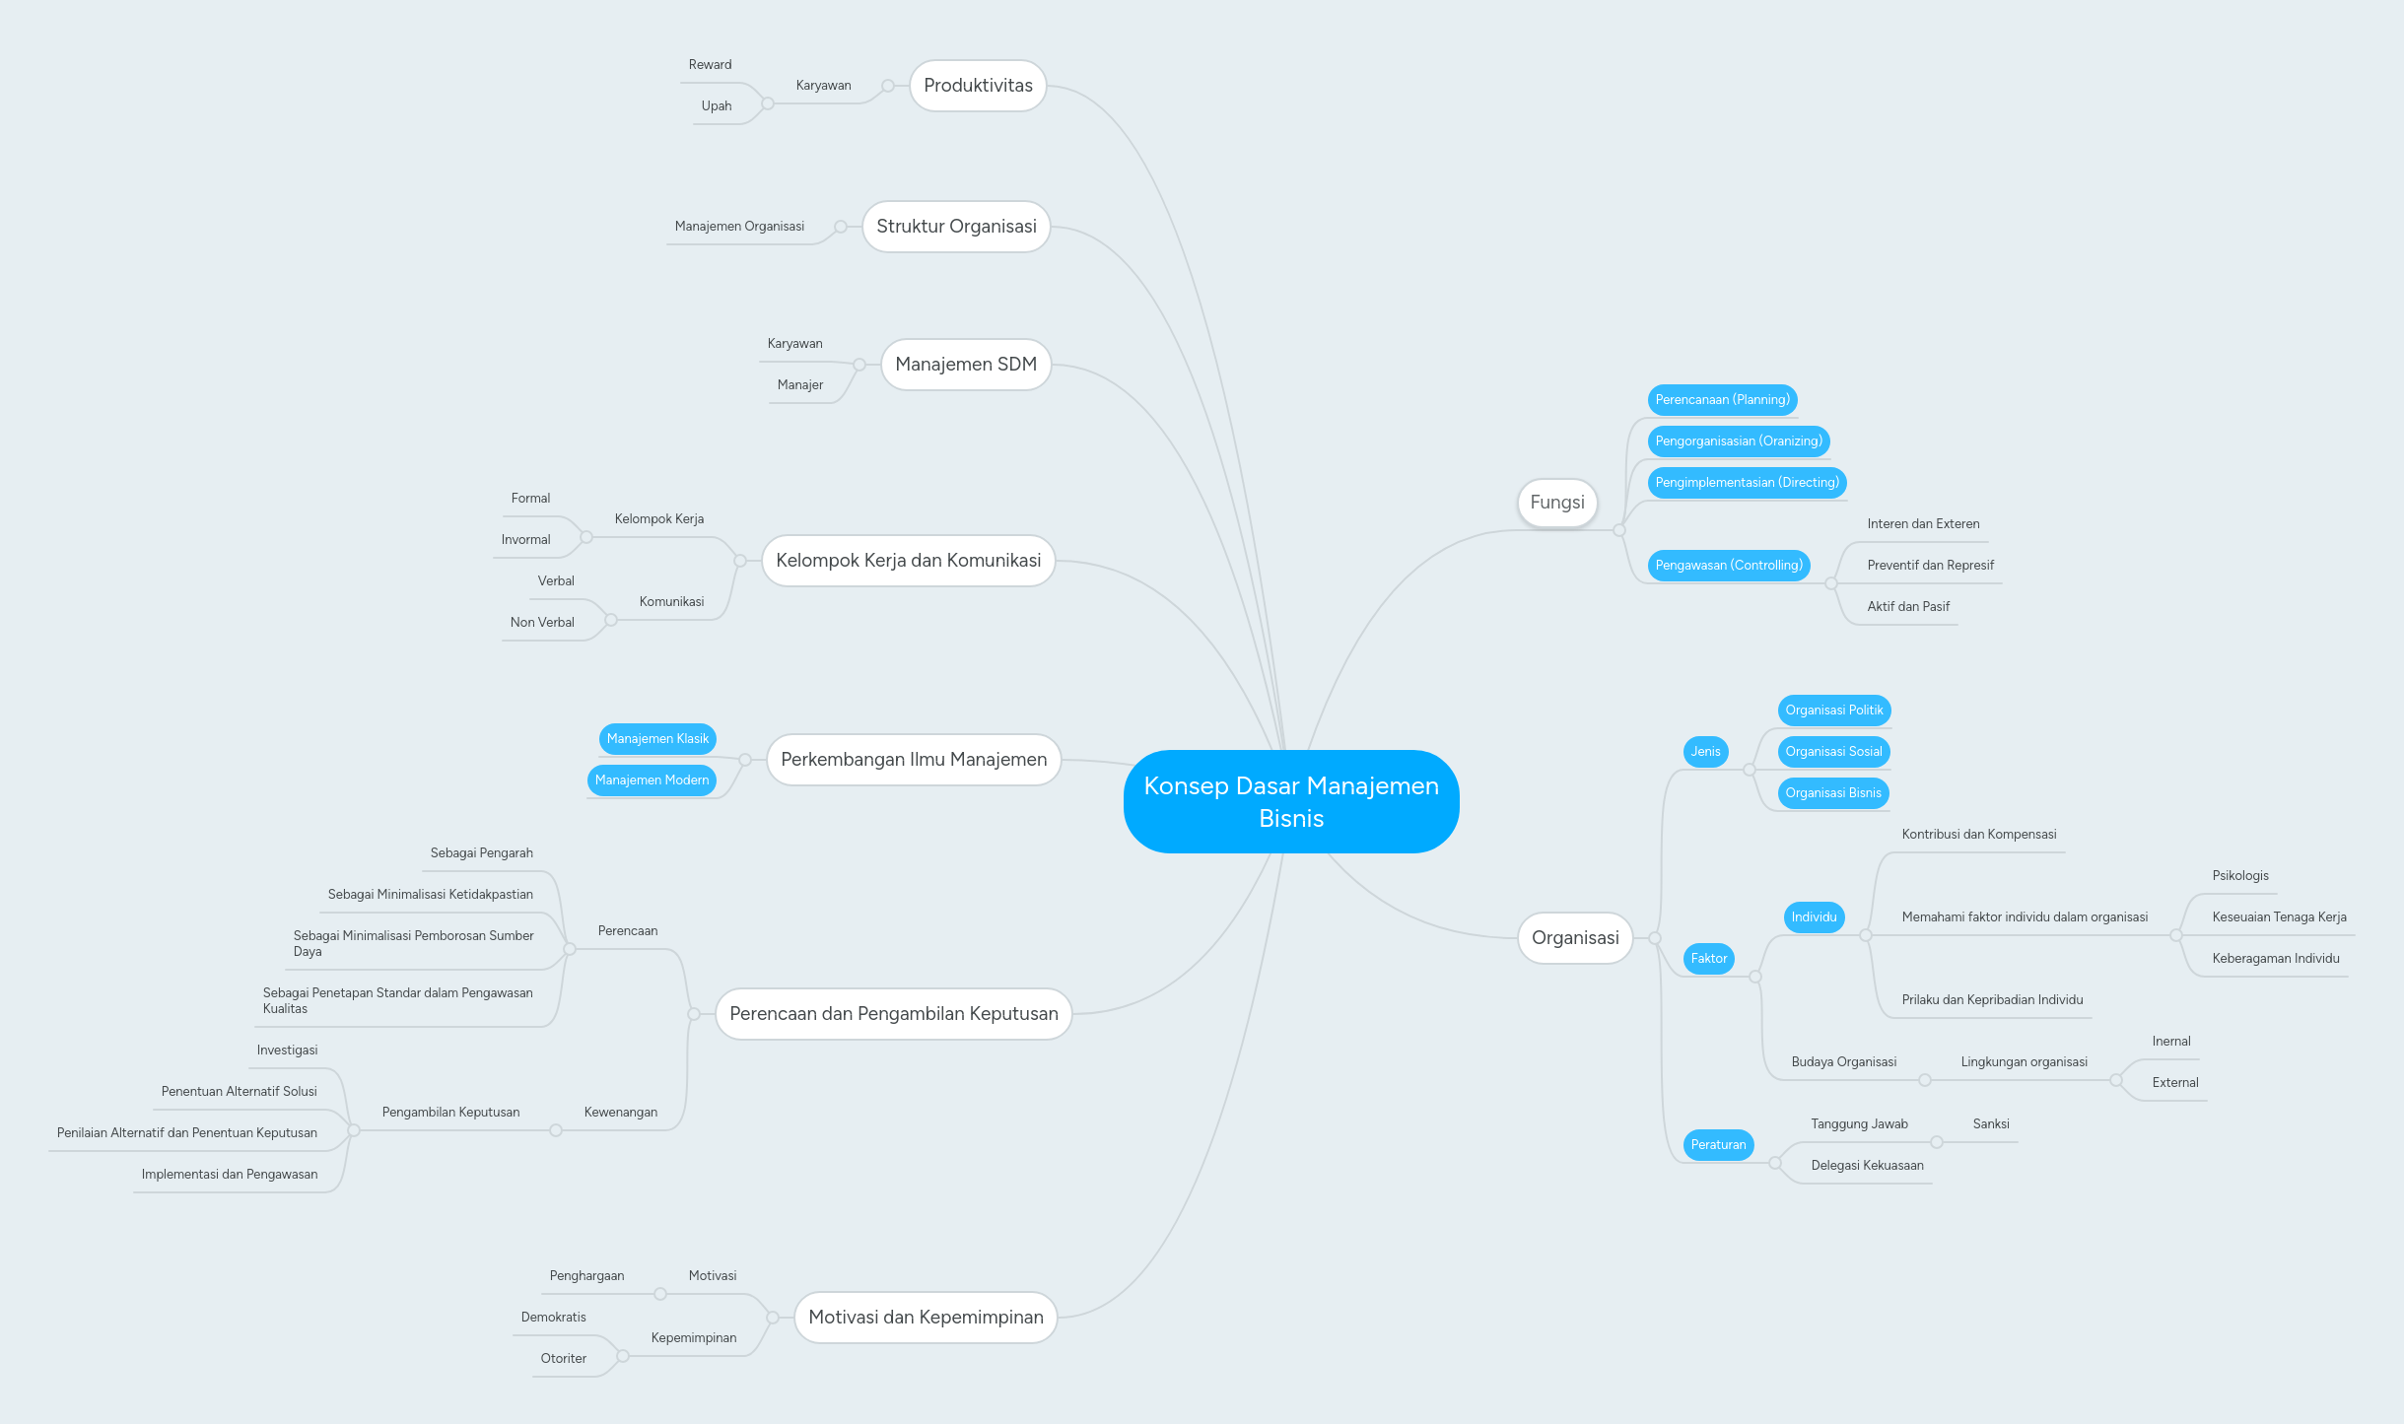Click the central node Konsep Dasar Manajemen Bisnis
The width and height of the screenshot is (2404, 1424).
(1291, 801)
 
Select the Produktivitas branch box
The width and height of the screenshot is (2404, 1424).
(978, 86)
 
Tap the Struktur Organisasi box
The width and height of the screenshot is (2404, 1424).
(956, 227)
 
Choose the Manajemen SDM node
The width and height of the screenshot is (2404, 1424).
(966, 365)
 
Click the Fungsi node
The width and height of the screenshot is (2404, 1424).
(1557, 503)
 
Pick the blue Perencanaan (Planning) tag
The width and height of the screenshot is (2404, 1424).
(1722, 400)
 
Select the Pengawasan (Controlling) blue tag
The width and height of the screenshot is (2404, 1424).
(1729, 566)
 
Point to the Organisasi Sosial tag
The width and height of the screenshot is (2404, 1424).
(1833, 752)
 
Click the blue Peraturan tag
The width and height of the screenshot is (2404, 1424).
(1718, 1145)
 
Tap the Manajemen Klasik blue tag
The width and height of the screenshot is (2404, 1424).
(657, 739)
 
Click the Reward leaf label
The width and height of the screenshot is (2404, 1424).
(710, 65)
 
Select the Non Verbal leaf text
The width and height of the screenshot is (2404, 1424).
(542, 623)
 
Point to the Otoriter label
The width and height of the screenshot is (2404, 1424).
(563, 1359)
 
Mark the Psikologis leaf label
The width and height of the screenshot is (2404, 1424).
(2240, 876)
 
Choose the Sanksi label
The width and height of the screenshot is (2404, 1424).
(1991, 1124)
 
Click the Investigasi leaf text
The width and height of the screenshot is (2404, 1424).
(287, 1051)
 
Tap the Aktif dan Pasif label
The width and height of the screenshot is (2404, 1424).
(1908, 607)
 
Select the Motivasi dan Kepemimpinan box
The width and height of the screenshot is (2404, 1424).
(926, 1318)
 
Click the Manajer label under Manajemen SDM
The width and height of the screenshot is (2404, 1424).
(799, 385)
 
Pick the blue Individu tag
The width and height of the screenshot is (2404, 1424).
(1814, 917)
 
